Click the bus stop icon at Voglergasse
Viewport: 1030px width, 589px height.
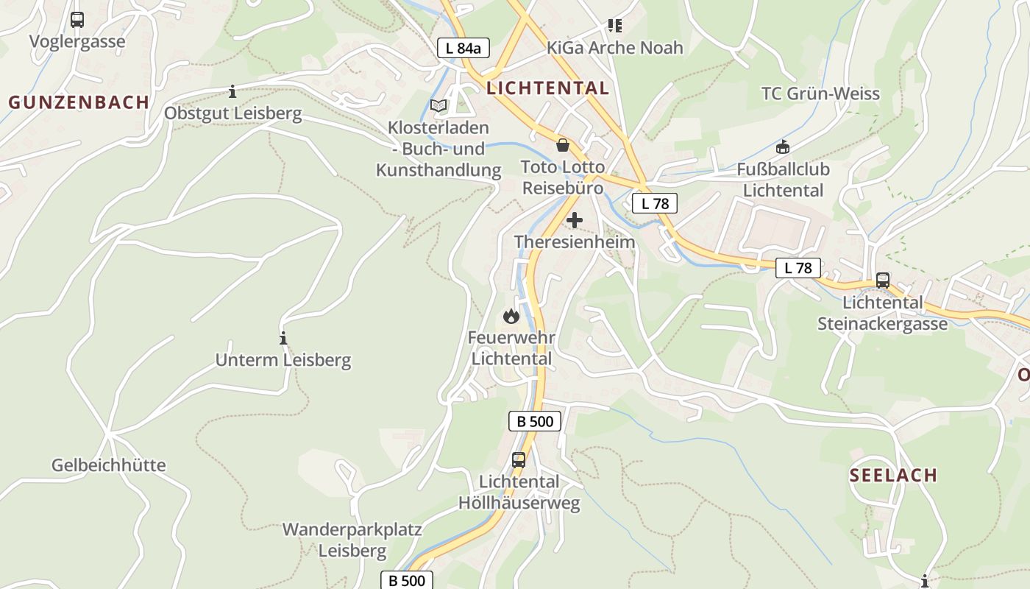(77, 20)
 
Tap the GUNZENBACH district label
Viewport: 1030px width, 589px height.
(79, 102)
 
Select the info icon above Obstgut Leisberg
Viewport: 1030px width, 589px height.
(232, 92)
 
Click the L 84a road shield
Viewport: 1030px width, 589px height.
(463, 49)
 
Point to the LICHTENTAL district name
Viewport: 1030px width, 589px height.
(548, 88)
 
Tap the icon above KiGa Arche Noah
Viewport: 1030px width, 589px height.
(615, 27)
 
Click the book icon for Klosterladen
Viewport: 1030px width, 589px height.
(438, 106)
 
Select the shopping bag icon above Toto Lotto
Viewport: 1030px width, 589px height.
(563, 145)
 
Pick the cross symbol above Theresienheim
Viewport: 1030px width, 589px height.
(575, 220)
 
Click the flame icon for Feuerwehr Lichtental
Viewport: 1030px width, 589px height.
(511, 317)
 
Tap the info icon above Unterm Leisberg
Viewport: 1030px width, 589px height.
(283, 339)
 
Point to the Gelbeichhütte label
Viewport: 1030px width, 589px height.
(109, 465)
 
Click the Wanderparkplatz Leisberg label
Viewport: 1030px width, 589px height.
(352, 540)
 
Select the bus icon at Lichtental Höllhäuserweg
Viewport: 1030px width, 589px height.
(519, 460)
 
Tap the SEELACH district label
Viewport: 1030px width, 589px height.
(894, 475)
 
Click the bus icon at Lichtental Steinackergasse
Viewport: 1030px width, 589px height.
(882, 281)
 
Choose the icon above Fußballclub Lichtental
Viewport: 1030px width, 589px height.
(783, 147)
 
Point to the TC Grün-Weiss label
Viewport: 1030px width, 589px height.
(820, 94)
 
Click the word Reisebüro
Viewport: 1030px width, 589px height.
(563, 188)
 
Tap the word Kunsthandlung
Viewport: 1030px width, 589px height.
(438, 170)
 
